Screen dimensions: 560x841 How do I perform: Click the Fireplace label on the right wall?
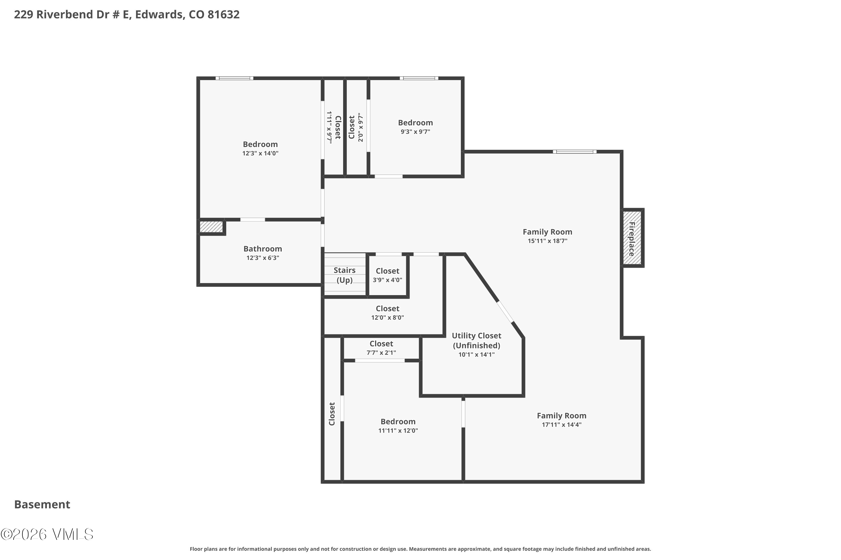point(632,239)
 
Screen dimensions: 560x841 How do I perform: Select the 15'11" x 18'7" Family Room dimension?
point(547,241)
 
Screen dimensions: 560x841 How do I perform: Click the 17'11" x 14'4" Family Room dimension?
point(562,425)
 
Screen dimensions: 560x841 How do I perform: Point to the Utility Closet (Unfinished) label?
point(476,340)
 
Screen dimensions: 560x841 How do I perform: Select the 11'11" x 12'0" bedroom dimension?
point(398,431)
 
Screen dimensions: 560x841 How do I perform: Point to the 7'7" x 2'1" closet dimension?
point(381,353)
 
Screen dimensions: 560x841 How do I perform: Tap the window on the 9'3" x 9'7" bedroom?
point(419,78)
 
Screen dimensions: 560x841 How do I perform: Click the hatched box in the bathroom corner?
point(211,227)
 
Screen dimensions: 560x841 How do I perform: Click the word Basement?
point(42,505)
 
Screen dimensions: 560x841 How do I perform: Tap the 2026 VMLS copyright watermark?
point(47,534)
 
